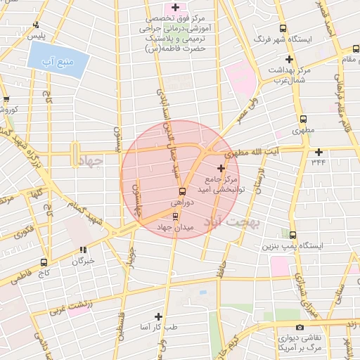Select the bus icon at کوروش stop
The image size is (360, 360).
[x=6, y=100]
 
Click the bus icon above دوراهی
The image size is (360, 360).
[x=181, y=191]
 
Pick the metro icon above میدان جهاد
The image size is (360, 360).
[x=175, y=216]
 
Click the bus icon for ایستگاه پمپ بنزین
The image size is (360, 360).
[x=292, y=236]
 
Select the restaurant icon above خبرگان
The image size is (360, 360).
[x=84, y=250]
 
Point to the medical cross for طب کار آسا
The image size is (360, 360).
[x=158, y=316]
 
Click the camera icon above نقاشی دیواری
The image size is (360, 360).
[x=300, y=328]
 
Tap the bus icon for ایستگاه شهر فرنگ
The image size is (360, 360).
[x=283, y=28]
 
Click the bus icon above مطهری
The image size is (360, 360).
[x=303, y=120]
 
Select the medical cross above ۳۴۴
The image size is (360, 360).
[x=319, y=152]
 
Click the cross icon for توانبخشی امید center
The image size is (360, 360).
[x=221, y=168]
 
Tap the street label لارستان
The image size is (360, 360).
[x=260, y=181]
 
